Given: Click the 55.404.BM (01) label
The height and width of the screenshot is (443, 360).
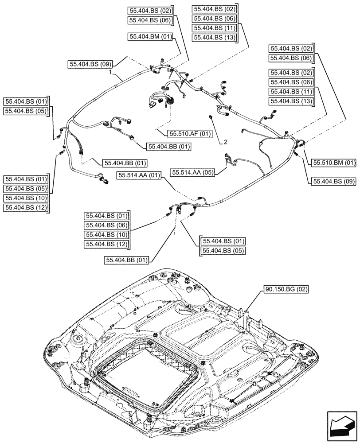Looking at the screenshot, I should (x=150, y=37).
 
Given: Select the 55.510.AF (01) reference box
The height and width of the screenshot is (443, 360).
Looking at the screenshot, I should (x=190, y=133).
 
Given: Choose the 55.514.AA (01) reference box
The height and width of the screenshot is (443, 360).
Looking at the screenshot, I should (x=139, y=176).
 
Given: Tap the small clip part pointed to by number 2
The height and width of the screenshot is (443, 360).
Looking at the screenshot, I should (x=211, y=116).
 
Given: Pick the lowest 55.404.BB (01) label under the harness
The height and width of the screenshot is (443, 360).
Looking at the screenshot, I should (x=126, y=260).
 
